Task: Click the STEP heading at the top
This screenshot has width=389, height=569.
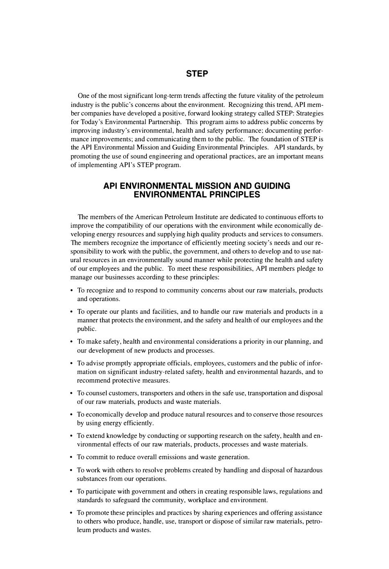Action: click(197, 74)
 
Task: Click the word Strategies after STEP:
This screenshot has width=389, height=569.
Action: click(310, 113)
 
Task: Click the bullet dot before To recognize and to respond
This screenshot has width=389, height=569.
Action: click(72, 291)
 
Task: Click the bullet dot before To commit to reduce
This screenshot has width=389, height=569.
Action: click(72, 458)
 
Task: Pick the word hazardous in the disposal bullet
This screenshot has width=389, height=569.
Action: click(308, 470)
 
